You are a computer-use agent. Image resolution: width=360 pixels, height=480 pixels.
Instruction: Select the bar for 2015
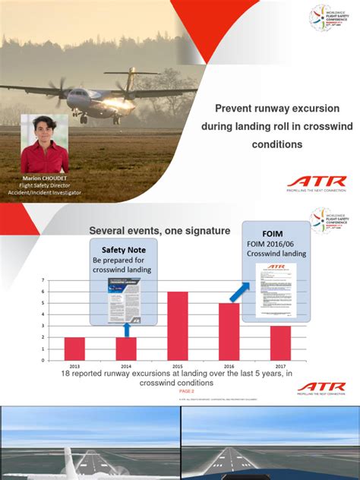tap(177, 325)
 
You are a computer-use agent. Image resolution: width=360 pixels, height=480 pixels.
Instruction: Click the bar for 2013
tap(74, 348)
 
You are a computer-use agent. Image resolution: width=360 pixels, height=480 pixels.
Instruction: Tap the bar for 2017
tap(280, 342)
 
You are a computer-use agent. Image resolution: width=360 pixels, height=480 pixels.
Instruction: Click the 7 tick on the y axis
tap(42, 281)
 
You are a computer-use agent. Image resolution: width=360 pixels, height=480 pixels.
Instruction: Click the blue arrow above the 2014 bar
tap(126, 329)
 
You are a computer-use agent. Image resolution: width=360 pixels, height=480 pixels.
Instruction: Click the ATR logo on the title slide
tap(316, 182)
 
